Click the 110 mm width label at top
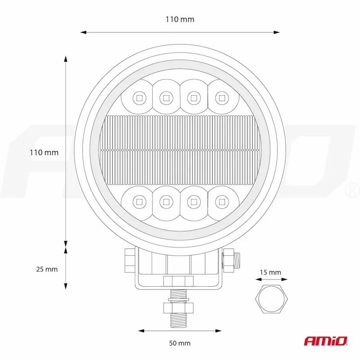coord(180,19)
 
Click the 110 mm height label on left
coord(44,153)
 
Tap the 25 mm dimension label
coord(47,269)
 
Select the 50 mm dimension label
coord(180,343)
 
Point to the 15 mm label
coord(270,272)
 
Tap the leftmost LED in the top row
coord(139,96)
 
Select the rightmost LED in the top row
coord(221,96)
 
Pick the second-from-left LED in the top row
coord(166,96)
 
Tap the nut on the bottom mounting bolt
coord(179,308)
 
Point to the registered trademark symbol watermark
coord(351,191)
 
